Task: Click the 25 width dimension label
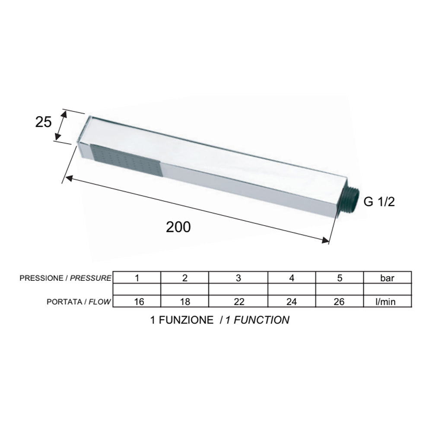click(x=43, y=122)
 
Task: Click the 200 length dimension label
click(x=178, y=227)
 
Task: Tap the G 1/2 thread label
click(x=379, y=202)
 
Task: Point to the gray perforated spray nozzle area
click(x=125, y=159)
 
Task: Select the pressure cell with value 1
click(x=137, y=277)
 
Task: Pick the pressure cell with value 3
click(x=238, y=277)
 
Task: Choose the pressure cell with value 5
click(x=340, y=277)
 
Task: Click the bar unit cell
click(x=388, y=277)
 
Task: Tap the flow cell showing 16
click(x=137, y=301)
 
